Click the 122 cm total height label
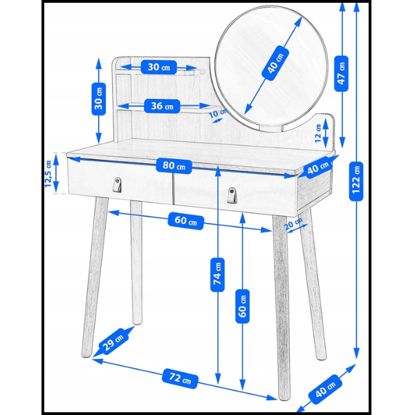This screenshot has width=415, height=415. (356, 181)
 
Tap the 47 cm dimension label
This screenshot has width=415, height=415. (341, 73)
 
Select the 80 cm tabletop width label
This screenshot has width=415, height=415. (174, 166)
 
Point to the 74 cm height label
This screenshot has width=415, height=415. (217, 275)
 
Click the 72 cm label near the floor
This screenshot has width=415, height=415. (180, 378)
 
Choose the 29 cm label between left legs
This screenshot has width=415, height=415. (113, 341)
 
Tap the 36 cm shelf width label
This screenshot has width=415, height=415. (162, 106)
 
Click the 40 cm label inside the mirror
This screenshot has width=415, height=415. (275, 63)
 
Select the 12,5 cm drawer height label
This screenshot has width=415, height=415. (48, 174)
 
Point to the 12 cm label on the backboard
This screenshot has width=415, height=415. (317, 133)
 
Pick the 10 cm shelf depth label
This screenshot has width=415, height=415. (218, 113)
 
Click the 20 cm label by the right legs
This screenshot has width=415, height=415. (294, 223)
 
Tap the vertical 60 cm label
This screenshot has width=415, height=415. (243, 306)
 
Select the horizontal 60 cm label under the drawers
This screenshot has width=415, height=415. (186, 221)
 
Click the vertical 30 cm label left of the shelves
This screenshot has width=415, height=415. (98, 99)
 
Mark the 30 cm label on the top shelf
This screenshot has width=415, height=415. (158, 67)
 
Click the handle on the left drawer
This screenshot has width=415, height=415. (118, 185)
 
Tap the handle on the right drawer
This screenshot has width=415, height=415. (232, 195)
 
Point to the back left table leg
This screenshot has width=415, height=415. (136, 263)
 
